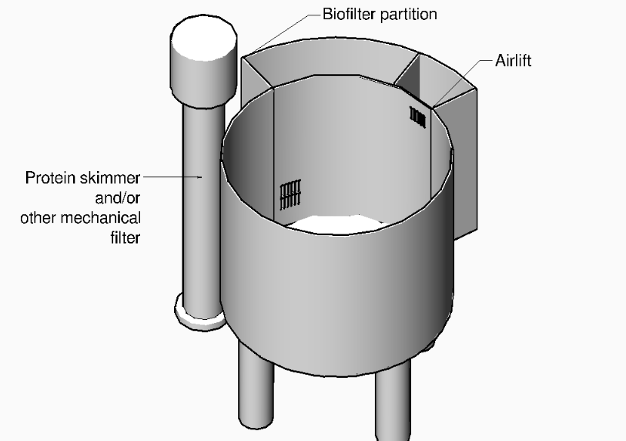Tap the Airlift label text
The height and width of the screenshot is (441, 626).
[512, 61]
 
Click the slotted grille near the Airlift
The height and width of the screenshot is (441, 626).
[418, 116]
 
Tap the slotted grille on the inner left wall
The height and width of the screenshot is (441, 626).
[288, 195]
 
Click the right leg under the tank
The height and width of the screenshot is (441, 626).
[393, 401]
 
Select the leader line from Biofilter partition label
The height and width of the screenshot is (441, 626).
[277, 31]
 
